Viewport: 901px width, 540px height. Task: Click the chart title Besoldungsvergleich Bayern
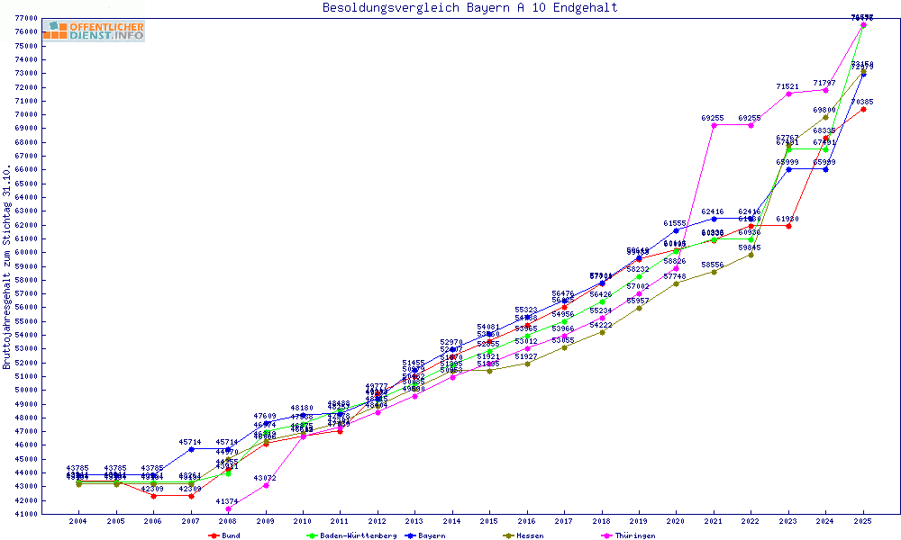tap(470, 8)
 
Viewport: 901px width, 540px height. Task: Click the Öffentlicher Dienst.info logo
tap(94, 31)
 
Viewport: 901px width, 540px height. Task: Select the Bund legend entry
tap(224, 535)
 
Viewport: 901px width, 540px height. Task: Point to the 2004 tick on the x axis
tap(79, 521)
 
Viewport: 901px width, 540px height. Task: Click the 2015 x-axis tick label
tap(489, 521)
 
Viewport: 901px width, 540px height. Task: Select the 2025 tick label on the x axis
tap(863, 521)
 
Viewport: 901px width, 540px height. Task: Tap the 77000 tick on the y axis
tap(25, 18)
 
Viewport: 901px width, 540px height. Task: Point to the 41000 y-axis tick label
tap(25, 514)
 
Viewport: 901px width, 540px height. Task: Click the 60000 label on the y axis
tap(25, 252)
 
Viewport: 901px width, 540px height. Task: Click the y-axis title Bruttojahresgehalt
tap(8, 266)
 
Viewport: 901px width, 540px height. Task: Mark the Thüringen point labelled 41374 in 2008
tap(228, 508)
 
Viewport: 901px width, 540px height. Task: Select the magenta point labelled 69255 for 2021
tap(714, 125)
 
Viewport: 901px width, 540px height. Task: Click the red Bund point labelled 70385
tap(863, 110)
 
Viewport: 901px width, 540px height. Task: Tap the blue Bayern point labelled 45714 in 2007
tap(191, 448)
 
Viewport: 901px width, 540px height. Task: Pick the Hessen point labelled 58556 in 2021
tap(714, 272)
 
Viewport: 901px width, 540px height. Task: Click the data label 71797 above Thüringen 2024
tap(825, 83)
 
